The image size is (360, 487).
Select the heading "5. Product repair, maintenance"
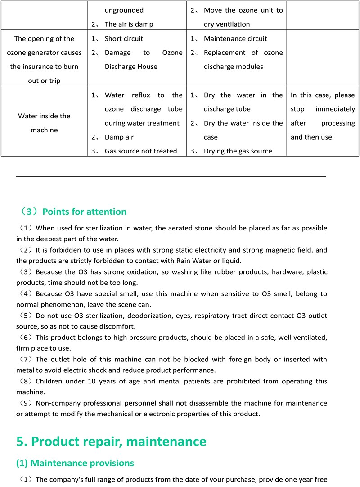pos(111,442)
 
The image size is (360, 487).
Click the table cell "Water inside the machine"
pos(44,123)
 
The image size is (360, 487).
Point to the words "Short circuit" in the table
pos(124,39)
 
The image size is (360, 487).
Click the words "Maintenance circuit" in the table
pos(235,39)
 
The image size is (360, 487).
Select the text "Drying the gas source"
pos(238,151)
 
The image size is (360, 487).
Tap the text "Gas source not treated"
pos(141,151)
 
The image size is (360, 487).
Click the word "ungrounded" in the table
pos(124,10)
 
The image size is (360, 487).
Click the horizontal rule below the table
pos(171,177)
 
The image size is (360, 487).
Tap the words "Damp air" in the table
pos(119,137)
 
